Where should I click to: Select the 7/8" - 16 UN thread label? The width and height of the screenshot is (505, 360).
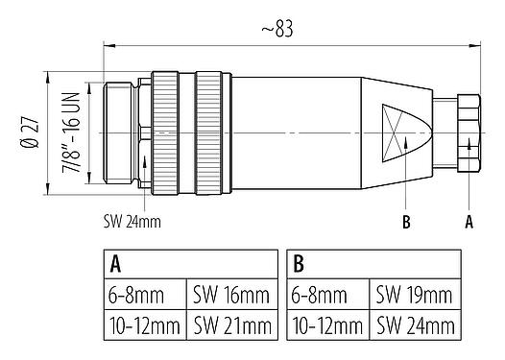[x=69, y=129]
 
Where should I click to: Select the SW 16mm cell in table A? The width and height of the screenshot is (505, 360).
[x=231, y=294]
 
